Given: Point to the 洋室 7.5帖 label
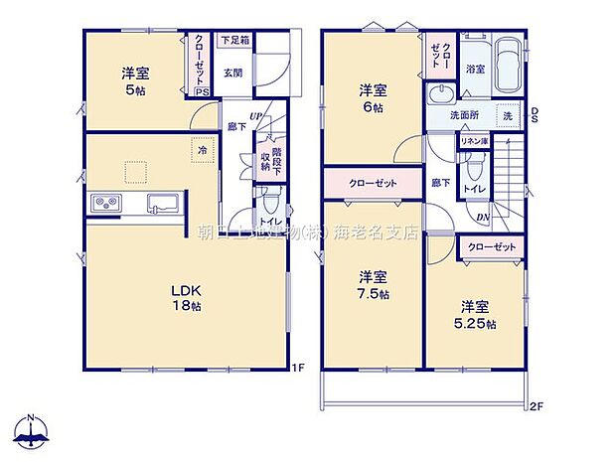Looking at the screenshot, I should tap(373, 285).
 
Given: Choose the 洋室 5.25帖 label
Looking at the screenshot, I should tap(476, 314).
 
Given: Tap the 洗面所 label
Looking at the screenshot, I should tap(460, 114).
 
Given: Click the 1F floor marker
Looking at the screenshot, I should tap(296, 369).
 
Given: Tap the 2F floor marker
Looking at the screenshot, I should tap(537, 404).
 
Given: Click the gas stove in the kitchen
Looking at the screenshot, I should tap(105, 205).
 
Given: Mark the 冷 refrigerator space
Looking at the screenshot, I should tap(202, 149).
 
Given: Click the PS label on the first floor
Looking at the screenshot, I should tap(202, 92).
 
